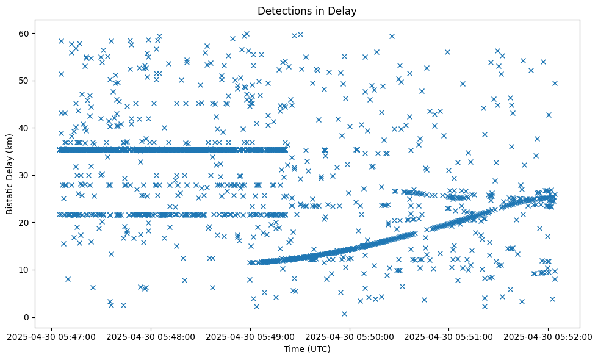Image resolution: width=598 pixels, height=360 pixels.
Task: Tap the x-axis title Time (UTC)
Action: (307, 349)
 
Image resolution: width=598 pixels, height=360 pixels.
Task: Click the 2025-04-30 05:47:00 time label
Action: (51, 336)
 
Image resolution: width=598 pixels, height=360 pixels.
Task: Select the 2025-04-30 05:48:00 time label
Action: (151, 336)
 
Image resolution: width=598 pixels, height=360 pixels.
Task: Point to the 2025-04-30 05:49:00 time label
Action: (250, 336)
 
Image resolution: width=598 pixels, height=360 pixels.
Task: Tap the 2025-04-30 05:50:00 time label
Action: (350, 336)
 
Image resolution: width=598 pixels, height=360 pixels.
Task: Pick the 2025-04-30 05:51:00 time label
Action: (449, 336)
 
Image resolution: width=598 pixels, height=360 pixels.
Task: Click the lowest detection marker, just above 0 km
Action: (344, 314)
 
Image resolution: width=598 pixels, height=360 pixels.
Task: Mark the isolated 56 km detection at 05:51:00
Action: (447, 52)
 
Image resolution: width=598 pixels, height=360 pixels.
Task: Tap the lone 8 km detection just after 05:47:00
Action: (68, 279)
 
